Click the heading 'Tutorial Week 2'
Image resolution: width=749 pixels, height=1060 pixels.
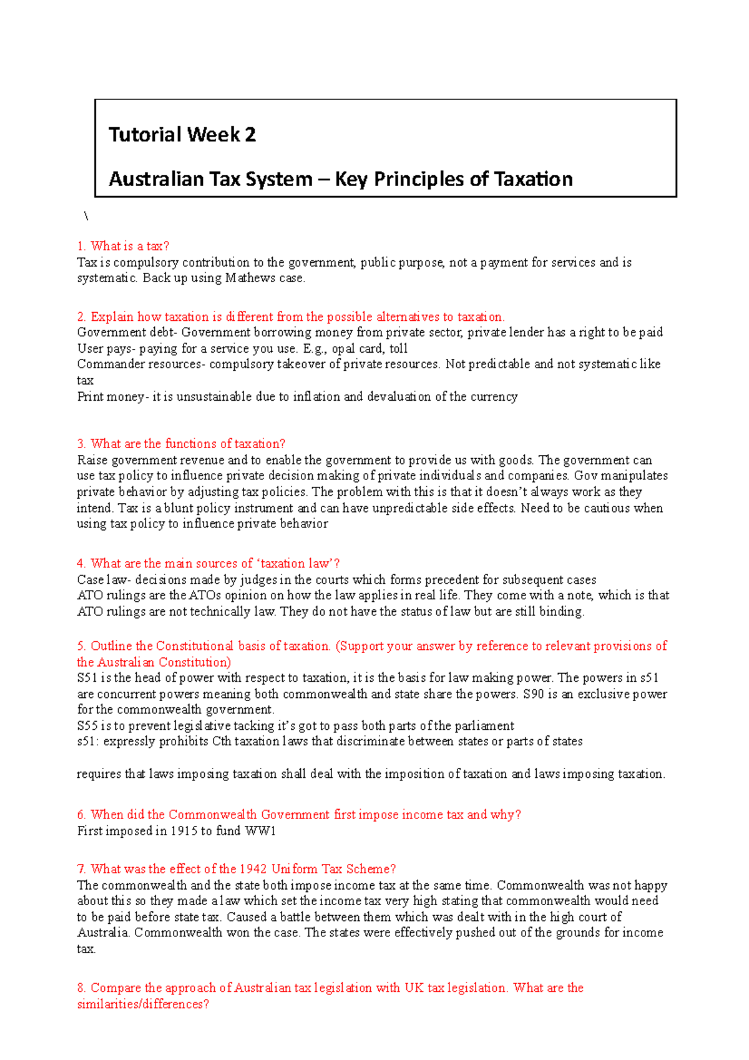tap(182, 134)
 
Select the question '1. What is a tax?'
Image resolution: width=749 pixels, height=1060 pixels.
tap(124, 246)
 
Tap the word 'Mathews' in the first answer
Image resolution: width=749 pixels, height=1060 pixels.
tap(251, 278)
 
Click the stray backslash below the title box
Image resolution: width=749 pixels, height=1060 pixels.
tap(86, 217)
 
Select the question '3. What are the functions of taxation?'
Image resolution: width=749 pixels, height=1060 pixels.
tap(181, 444)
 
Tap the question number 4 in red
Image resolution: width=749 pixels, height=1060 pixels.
tap(81, 564)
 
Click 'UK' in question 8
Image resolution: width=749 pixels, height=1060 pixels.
tap(414, 988)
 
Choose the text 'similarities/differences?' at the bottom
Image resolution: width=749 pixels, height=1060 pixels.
tap(143, 1004)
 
